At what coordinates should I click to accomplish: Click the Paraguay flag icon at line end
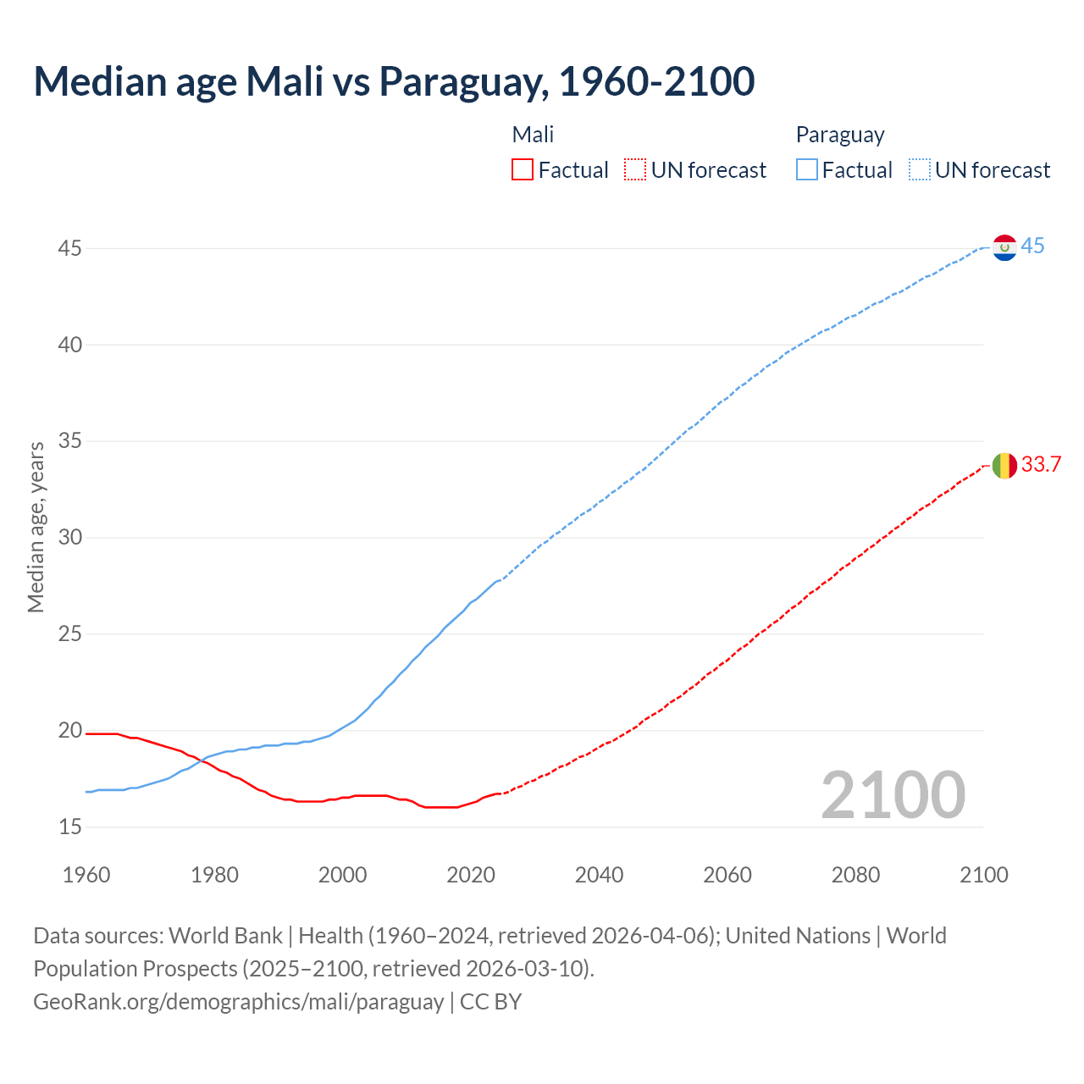coord(1004,247)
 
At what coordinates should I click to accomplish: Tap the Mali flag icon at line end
coord(1004,465)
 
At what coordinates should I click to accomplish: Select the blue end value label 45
coord(1032,246)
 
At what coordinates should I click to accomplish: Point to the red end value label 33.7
coord(1041,464)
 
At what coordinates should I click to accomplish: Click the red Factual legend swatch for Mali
coord(523,170)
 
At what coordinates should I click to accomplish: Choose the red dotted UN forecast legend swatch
coord(635,170)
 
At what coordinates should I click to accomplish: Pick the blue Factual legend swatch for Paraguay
coord(806,170)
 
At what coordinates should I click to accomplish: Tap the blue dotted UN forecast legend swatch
coord(919,170)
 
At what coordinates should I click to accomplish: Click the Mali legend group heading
coord(533,135)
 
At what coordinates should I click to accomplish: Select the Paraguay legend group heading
coord(839,135)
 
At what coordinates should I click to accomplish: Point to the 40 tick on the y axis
coord(70,345)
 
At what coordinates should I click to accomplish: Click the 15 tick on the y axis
coord(70,827)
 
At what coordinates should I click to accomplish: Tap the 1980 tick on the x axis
coord(214,875)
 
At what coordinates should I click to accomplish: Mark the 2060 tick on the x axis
coord(727,875)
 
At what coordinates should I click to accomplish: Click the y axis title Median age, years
coord(36,526)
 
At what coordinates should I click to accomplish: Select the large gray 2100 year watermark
coord(893,794)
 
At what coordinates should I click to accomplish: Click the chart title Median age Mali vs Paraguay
coord(394,81)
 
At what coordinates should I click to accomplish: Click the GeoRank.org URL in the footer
coord(238,1002)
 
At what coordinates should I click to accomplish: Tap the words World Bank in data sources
coord(225,936)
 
